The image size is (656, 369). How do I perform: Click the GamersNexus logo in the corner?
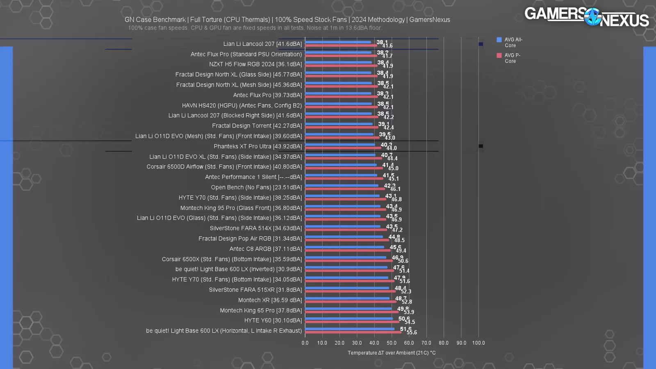(586, 17)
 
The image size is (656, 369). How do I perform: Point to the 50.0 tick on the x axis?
(392, 343)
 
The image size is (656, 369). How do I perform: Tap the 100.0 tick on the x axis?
(478, 343)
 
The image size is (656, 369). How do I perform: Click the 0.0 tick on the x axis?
(305, 343)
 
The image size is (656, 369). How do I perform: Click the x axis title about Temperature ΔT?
(392, 353)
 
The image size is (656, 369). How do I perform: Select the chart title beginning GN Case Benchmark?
(287, 20)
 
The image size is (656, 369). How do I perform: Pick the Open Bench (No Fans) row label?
(256, 187)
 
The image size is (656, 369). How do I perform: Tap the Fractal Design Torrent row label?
(257, 126)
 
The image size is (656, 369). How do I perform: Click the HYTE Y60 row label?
(273, 321)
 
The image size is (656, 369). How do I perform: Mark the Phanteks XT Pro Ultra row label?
(257, 146)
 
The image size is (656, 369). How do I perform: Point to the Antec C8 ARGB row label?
(265, 249)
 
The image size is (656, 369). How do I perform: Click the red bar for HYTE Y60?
(352, 322)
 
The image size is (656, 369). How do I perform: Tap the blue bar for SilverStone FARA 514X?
(343, 227)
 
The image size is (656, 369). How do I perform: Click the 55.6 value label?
(412, 333)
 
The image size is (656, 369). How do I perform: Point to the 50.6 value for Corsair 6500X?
(403, 261)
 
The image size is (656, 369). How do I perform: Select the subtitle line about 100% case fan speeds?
(255, 28)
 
